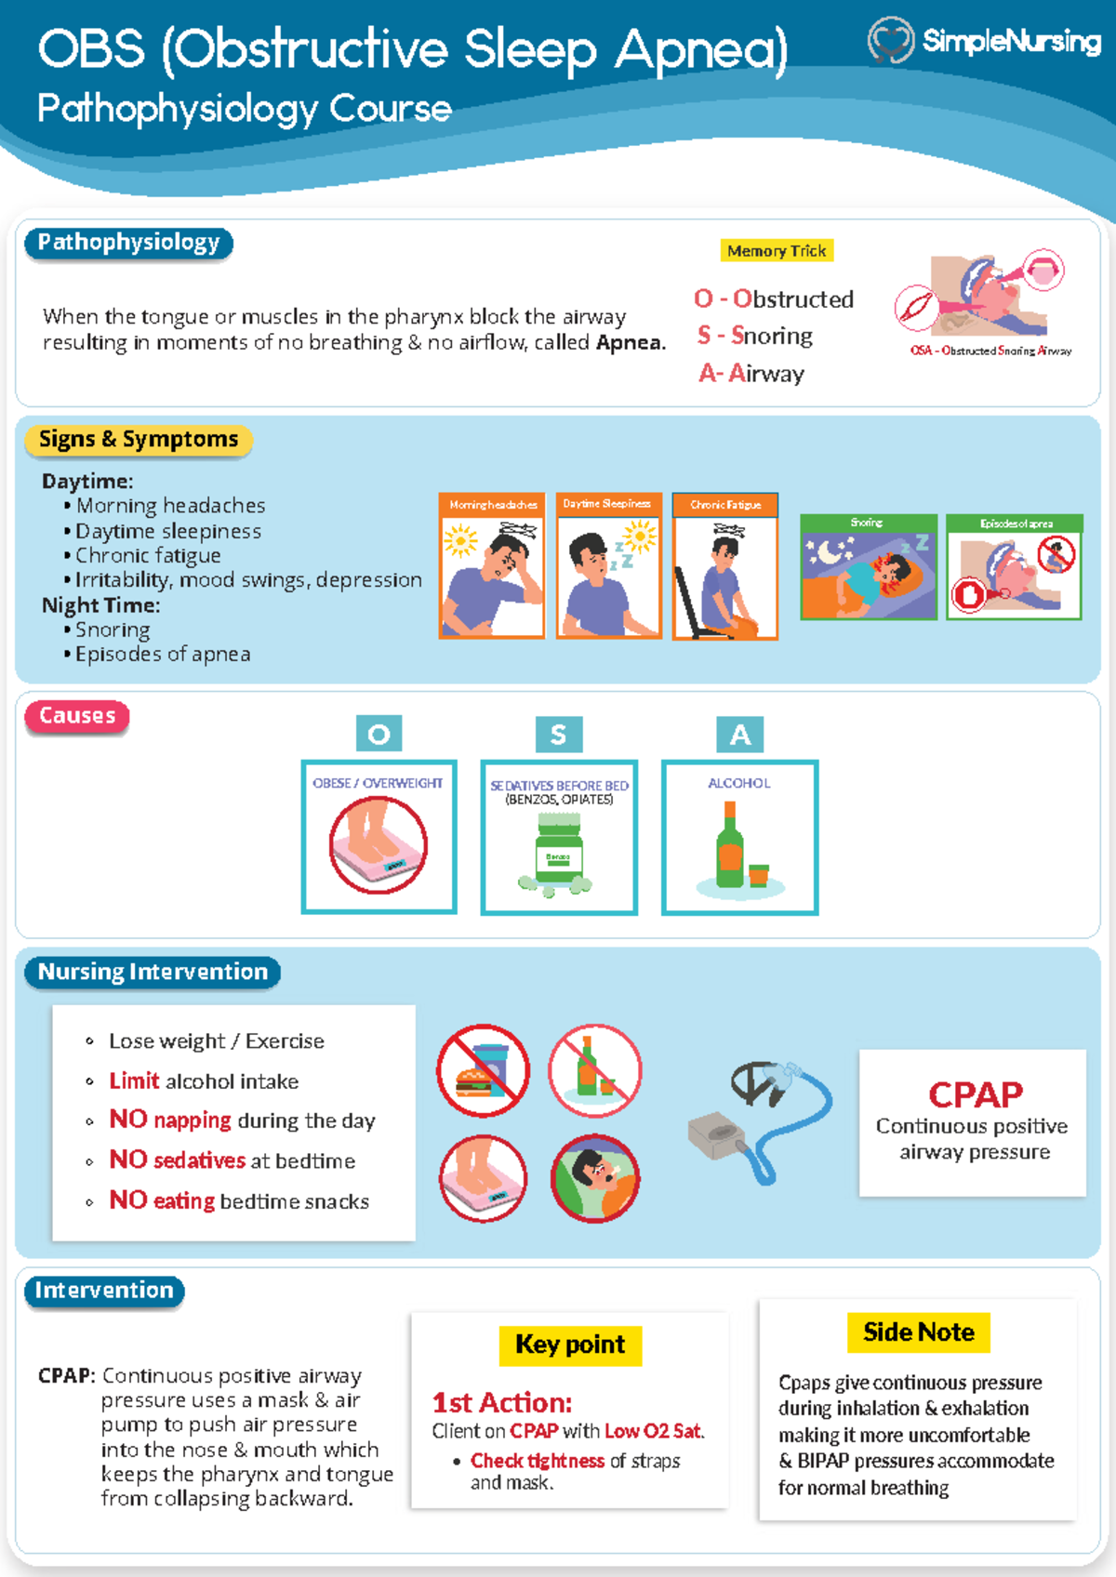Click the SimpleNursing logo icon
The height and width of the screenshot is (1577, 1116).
[890, 41]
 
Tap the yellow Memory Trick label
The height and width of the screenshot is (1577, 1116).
[777, 250]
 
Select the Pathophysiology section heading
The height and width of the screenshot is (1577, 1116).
[128, 243]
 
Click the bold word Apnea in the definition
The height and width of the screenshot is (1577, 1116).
[630, 342]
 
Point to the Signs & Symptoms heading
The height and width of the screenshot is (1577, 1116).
[139, 439]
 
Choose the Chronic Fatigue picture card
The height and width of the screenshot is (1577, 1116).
[724, 566]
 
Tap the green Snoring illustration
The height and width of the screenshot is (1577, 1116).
[869, 567]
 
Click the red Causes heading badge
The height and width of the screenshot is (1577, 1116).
[77, 716]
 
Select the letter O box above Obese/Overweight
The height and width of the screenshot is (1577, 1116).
[379, 734]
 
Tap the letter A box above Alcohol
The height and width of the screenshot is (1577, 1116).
[739, 734]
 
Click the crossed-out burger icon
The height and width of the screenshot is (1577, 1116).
[483, 1071]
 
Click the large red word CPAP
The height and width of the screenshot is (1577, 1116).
[975, 1094]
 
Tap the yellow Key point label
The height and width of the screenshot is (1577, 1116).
[570, 1345]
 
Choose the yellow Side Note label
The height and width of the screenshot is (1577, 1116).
[918, 1332]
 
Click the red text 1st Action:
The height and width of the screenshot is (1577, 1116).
[501, 1402]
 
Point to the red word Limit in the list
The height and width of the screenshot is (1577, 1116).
[134, 1080]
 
